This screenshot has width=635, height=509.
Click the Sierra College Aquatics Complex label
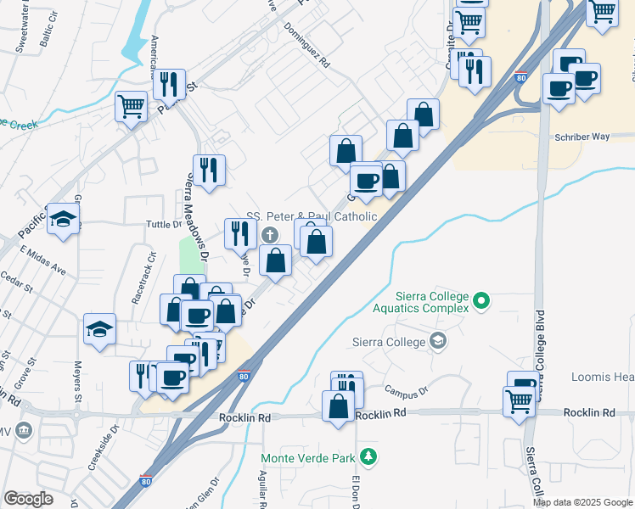point(432,302)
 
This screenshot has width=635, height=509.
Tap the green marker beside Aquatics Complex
point(481,299)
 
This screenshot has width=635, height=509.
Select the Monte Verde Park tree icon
point(368,458)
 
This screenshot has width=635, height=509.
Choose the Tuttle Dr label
point(165,224)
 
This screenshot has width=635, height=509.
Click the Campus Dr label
point(402,392)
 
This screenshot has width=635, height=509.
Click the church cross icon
point(270,235)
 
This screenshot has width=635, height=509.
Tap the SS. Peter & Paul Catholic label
point(312,216)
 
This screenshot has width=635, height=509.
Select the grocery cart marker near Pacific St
point(132,107)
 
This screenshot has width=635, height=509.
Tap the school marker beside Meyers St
point(99,328)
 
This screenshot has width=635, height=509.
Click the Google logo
point(28,499)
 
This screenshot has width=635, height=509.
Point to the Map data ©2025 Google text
point(582,502)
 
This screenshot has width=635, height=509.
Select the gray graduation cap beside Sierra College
point(438,341)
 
